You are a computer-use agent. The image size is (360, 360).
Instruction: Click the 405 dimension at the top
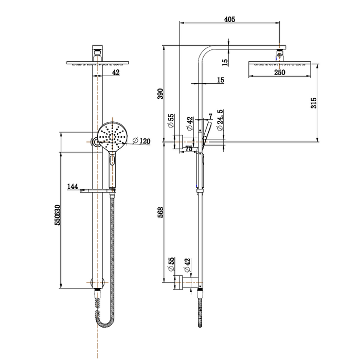coord(229,20)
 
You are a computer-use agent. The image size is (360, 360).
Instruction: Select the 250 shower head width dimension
coord(280,73)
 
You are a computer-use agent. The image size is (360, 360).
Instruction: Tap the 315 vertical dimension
coord(314,103)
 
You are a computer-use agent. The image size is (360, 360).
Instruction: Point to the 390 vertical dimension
coord(160,94)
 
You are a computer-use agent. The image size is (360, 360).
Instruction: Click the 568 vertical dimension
coord(160,212)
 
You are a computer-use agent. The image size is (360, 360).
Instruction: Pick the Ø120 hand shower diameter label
coord(141,140)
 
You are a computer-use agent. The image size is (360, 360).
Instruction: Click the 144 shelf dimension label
coord(73,186)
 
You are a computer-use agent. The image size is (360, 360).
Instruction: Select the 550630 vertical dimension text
coord(58,215)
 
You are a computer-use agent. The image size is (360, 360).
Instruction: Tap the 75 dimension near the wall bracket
coord(189,149)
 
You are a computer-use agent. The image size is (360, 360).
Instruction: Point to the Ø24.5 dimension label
coord(220,120)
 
